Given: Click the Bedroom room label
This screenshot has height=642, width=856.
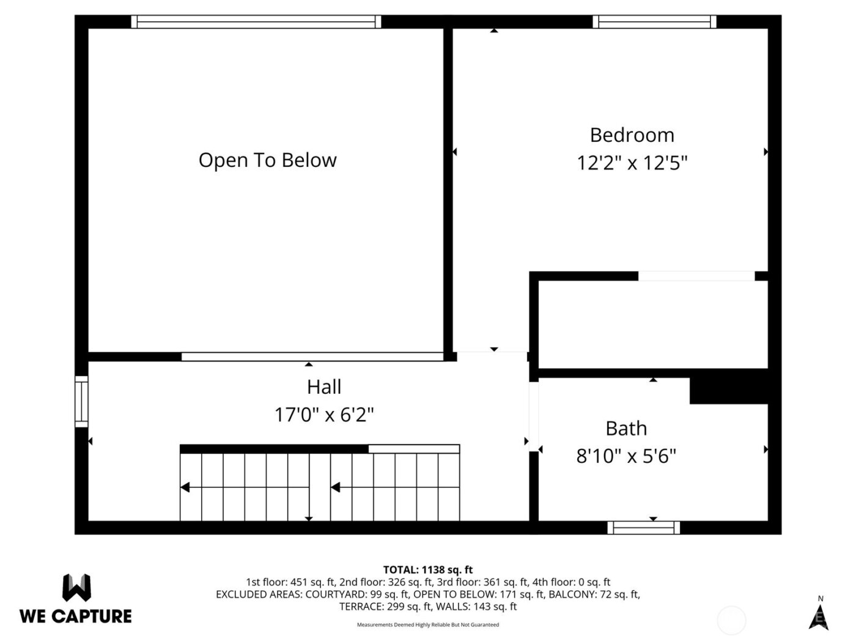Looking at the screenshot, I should point(632,135).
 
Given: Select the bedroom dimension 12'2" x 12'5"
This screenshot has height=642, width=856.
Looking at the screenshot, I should point(632,163).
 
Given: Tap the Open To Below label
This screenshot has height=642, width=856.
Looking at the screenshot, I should point(267,160).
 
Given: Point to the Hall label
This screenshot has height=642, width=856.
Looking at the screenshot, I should point(324,387).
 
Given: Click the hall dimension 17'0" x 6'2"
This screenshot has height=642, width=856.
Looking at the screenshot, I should point(324,415).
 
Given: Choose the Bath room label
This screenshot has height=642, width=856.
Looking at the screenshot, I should point(626,429).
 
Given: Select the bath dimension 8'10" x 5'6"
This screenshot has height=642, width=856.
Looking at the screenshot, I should point(626,456).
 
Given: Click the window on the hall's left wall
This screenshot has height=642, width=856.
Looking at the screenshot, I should point(81,401).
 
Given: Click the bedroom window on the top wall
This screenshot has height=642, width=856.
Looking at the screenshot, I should point(654,22).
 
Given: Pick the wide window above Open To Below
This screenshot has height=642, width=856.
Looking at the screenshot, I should point(256,22).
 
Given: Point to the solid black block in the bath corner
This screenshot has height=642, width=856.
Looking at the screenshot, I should point(728,391).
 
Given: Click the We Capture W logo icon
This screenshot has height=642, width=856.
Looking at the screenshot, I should point(76,588).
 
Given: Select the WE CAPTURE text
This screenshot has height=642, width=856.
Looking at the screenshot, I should point(76,616).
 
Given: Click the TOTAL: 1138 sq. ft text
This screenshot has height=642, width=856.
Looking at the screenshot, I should point(428,570).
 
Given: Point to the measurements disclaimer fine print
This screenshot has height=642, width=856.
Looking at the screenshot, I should point(428,625).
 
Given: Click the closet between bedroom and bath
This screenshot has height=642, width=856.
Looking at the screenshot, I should point(652,325).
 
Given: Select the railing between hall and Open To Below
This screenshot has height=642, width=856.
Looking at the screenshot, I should point(312,356).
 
